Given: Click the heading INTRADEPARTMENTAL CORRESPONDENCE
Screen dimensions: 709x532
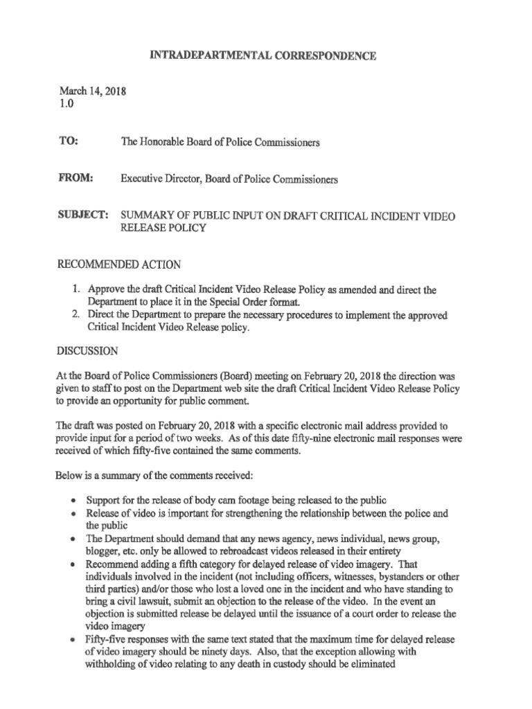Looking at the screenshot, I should [263, 56].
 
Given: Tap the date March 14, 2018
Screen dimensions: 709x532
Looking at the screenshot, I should [87, 91].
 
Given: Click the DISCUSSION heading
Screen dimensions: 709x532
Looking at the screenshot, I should [88, 351].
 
